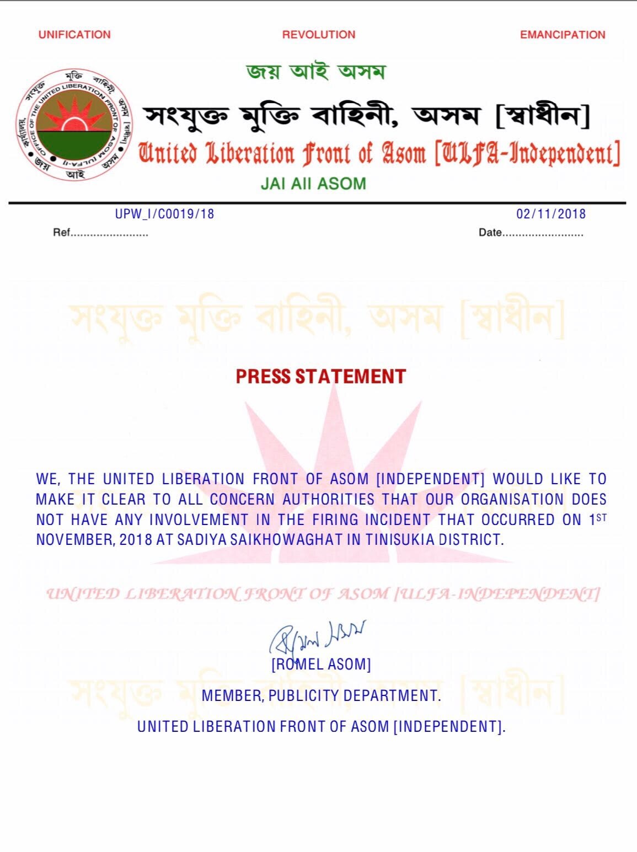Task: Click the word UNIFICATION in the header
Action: coord(74,35)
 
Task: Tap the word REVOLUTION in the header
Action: coord(319,35)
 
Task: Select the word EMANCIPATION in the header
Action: coord(563,35)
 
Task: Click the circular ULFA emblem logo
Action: coord(74,125)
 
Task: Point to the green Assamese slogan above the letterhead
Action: coord(316,72)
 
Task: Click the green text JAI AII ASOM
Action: coord(313,184)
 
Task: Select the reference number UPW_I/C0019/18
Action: coord(164,214)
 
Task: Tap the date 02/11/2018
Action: coord(551,214)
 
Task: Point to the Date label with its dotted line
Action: coord(531,233)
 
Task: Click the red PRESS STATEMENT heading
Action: coord(320,377)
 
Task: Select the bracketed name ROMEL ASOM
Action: coord(321,664)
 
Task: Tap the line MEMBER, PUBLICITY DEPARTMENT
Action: coord(321,695)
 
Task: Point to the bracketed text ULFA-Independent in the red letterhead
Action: coord(527,153)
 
